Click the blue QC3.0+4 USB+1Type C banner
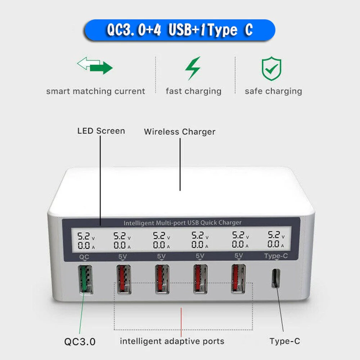coord(180,30)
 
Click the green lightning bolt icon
coord(193,68)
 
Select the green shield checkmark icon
coord(272,68)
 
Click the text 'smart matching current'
coord(95,91)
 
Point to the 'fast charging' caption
coord(193,91)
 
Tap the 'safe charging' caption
coord(273,91)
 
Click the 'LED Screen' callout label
coord(101,131)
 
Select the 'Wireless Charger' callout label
coord(179,132)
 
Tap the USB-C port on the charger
coord(275,278)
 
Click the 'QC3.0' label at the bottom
coord(80,341)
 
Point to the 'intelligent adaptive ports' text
coord(172,341)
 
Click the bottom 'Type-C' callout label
coord(285,341)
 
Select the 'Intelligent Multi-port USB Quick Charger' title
coord(182,223)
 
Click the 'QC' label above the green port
coord(84,257)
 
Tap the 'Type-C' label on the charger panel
coord(276,256)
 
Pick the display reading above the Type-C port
coord(276,240)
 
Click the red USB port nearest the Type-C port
coord(238,279)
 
